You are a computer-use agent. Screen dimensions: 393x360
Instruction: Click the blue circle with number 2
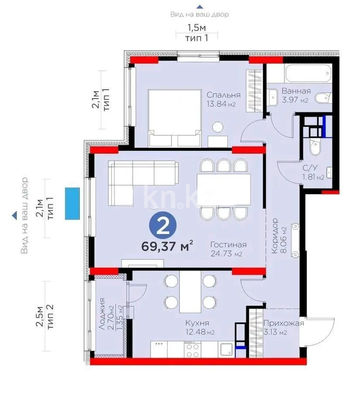pos(163,226)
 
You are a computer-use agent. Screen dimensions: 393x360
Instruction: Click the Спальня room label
pos(223,95)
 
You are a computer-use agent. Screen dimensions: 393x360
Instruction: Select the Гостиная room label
pos(228,245)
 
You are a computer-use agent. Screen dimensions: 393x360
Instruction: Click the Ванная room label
pos(296,91)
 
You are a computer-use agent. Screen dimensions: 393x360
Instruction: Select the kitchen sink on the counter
pos(226,349)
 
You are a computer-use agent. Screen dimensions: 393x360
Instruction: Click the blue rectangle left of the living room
pos(72,203)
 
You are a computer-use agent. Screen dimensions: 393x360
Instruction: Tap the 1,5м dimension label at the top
pos(196,28)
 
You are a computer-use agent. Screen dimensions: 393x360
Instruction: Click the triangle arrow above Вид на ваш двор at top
pos(199,6)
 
